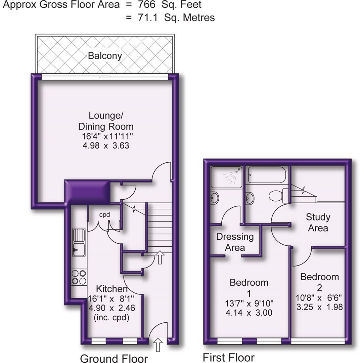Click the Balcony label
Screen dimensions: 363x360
pos(105,55)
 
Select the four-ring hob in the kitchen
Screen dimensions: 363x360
pos(79,277)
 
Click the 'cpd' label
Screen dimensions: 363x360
pos(104,215)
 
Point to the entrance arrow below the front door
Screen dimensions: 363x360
pos(158,345)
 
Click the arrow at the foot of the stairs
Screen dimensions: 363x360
pos(160,257)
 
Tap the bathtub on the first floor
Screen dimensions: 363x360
pos(267,175)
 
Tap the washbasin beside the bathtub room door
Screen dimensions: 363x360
pos(250,198)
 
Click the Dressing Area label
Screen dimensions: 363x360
pos(235,242)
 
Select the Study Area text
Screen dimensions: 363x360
pos(318,223)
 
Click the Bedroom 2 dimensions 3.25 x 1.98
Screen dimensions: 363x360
pos(319,307)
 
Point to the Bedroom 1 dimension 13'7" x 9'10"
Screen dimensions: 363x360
pos(249,303)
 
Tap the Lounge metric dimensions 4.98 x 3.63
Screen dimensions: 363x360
pos(106,146)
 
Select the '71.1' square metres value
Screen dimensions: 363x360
pos(147,17)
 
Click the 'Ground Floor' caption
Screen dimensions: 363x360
pos(114,358)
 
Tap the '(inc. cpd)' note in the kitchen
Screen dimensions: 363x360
pos(112,317)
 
